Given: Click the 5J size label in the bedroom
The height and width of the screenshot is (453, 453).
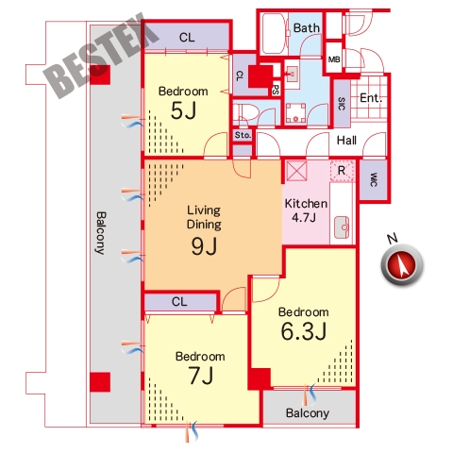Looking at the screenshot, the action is [x=183, y=110].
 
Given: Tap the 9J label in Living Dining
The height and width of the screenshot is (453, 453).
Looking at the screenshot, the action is [x=204, y=245].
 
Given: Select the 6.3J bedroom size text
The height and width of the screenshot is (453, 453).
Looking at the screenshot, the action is [x=304, y=331].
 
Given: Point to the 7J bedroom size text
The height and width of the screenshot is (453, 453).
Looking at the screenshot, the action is [x=201, y=376].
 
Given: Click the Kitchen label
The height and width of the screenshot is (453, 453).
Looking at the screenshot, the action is [x=306, y=204].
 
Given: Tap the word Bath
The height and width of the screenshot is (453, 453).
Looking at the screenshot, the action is [x=307, y=28].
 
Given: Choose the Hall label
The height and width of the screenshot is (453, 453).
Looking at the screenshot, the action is [x=346, y=141].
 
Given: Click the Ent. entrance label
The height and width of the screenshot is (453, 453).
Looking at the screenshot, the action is [x=371, y=98].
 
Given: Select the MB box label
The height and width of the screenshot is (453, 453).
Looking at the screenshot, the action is [x=334, y=59].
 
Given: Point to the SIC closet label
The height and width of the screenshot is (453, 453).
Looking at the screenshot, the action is [x=342, y=104].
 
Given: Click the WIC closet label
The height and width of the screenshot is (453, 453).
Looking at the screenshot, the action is [x=374, y=179].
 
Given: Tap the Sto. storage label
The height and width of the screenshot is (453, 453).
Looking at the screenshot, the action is [x=243, y=135].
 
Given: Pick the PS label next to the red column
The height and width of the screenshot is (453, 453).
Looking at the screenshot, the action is [x=276, y=90].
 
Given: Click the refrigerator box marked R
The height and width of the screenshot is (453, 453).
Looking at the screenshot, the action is [x=342, y=171].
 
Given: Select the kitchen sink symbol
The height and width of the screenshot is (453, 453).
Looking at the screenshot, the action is [x=342, y=227].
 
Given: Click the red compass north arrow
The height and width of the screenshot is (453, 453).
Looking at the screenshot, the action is [x=402, y=265].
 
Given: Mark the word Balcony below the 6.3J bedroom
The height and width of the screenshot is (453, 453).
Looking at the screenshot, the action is [x=308, y=413].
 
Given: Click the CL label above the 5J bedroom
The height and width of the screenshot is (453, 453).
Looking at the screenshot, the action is [x=187, y=38].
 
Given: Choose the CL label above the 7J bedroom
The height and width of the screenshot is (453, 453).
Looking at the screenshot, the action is [x=179, y=302].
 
